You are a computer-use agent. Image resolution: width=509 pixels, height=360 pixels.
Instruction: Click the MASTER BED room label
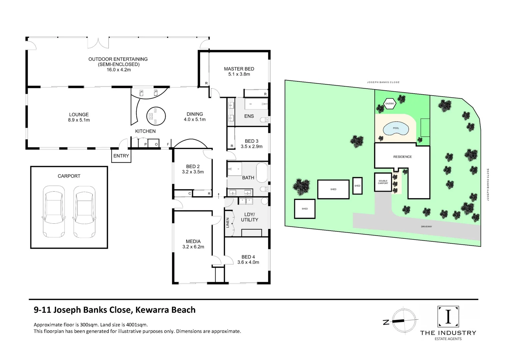[239, 69]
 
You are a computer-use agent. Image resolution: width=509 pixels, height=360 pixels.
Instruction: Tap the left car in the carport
[54, 211]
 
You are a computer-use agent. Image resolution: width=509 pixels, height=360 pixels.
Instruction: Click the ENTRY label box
[121, 156]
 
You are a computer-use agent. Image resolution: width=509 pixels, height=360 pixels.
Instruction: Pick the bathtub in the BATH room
[262, 173]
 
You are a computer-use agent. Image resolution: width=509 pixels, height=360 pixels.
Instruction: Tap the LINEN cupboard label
[228, 223]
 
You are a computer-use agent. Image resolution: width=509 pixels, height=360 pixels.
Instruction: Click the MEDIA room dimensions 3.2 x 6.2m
[193, 247]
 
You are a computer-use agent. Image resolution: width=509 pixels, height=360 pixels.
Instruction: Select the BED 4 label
[248, 257]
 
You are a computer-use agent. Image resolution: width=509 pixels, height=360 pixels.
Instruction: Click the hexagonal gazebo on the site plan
[390, 104]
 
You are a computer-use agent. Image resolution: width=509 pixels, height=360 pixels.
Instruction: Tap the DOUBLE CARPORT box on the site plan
[383, 182]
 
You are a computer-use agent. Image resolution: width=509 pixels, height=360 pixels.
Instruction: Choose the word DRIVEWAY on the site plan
[426, 227]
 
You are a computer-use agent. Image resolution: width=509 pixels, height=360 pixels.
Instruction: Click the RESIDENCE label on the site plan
[402, 157]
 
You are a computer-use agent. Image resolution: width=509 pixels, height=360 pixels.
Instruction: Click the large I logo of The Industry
[448, 316]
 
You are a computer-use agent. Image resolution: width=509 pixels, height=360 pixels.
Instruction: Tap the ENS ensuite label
[249, 116]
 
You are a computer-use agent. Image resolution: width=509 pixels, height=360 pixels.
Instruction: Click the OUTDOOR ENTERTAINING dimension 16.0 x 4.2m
[118, 70]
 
